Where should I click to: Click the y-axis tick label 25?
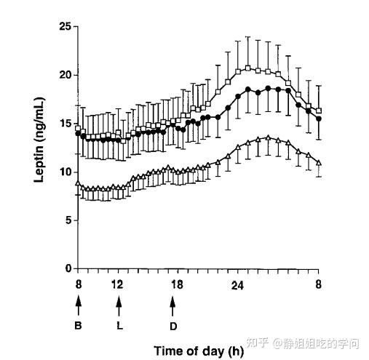pyautogui.click(x=65, y=26)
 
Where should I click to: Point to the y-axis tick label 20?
pyautogui.click(x=65, y=75)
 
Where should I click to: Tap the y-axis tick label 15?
pyautogui.click(x=65, y=124)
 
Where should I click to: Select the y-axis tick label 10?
pyautogui.click(x=65, y=172)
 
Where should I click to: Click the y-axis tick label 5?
pyautogui.click(x=68, y=220)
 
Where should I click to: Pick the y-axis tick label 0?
pyautogui.click(x=68, y=268)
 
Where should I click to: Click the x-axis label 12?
pyautogui.click(x=118, y=284)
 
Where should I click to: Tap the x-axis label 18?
pyautogui.click(x=177, y=284)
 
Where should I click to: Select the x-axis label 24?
pyautogui.click(x=237, y=286)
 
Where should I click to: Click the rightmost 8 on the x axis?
pyautogui.click(x=319, y=284)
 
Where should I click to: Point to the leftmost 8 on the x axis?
pyautogui.click(x=78, y=284)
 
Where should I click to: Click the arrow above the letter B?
pyautogui.click(x=78, y=305)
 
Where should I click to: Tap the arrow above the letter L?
pyautogui.click(x=119, y=307)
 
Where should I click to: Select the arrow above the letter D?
pyautogui.click(x=172, y=307)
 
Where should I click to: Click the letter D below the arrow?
pyautogui.click(x=173, y=327)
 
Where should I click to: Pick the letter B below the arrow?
pyautogui.click(x=78, y=325)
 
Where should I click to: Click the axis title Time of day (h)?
pyautogui.click(x=199, y=351)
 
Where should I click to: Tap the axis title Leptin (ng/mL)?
pyautogui.click(x=39, y=140)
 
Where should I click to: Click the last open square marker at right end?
pyautogui.click(x=319, y=111)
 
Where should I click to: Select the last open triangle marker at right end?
pyautogui.click(x=319, y=163)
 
